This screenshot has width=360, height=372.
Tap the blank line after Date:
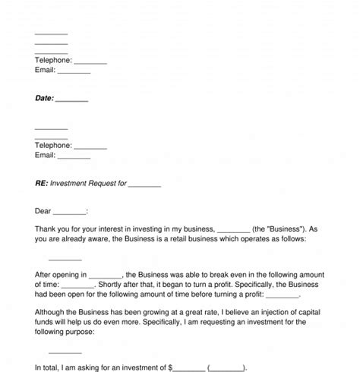click(72, 99)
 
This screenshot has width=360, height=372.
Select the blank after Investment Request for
click(144, 184)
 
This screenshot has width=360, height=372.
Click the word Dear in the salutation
click(44, 211)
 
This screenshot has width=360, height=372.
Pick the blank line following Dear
click(71, 212)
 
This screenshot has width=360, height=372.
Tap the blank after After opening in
click(106, 273)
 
